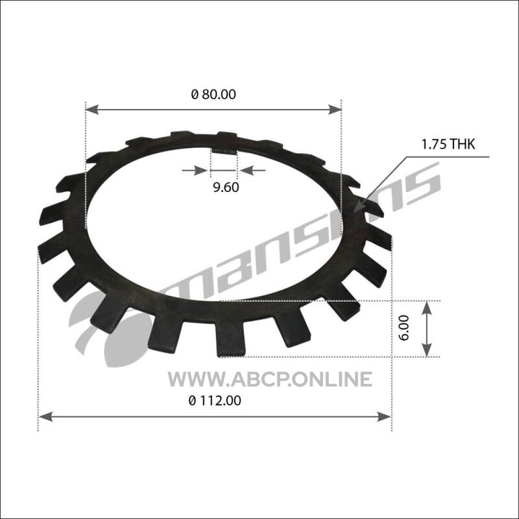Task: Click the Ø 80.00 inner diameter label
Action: tap(213, 94)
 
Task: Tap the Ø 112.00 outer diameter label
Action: tap(215, 401)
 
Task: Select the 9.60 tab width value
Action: tap(225, 187)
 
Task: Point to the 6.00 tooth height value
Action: tap(404, 328)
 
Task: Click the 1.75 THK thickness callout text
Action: tap(448, 144)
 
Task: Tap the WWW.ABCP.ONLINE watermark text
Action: tap(270, 380)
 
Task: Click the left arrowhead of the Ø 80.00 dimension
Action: tap(92, 109)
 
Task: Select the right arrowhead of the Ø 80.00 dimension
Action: tap(335, 109)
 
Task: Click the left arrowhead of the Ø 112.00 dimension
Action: tap(45, 416)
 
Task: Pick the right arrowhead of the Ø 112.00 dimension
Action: tap(385, 416)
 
